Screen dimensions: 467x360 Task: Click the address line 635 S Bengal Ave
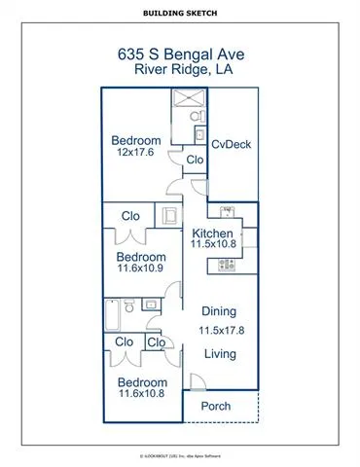pos(180,55)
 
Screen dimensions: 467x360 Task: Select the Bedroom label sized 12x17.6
pos(134,137)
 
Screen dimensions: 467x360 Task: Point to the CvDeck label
pos(231,144)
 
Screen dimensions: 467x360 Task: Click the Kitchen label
pos(211,233)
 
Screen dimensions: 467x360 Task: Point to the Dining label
pos(218,312)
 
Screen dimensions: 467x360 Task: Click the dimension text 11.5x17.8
pos(223,331)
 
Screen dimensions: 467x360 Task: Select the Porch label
pos(214,406)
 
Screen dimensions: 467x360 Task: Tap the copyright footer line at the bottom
pos(180,454)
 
